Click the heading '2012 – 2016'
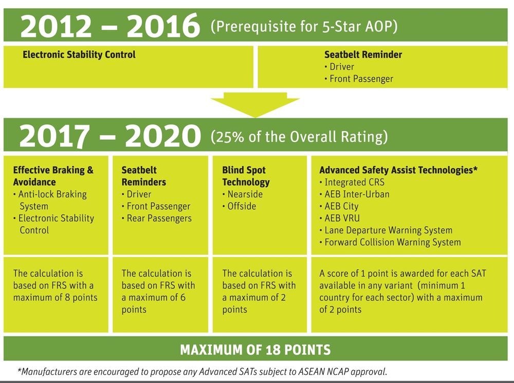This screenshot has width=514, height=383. [x=110, y=26]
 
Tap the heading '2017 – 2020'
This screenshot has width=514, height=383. [x=110, y=136]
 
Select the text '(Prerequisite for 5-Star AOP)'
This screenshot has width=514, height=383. [x=304, y=27]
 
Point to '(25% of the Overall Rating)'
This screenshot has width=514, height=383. [x=299, y=137]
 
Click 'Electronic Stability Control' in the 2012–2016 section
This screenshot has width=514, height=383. [x=79, y=54]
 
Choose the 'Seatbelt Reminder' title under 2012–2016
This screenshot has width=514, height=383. [x=363, y=54]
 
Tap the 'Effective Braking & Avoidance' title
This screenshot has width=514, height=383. [x=53, y=176]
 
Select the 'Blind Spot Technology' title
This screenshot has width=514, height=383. [x=246, y=176]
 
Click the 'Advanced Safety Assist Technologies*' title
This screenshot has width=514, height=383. [x=398, y=170]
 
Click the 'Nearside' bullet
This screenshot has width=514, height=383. [x=243, y=194]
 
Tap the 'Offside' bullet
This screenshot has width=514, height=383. [x=240, y=206]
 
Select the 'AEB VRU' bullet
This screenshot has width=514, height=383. [x=340, y=218]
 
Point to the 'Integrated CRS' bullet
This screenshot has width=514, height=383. [x=352, y=183]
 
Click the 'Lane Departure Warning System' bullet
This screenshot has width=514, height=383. [x=386, y=230]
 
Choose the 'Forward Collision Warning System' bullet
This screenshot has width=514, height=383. [x=390, y=242]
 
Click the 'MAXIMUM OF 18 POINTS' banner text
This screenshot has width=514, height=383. [x=255, y=350]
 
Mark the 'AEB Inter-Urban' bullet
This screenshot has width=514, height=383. [x=355, y=194]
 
